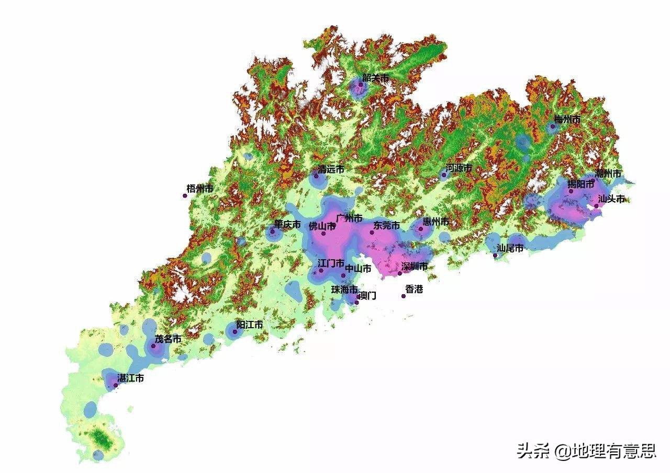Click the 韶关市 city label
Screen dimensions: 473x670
(x=375, y=78)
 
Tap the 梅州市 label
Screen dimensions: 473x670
(x=567, y=120)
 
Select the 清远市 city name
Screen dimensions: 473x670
(x=331, y=169)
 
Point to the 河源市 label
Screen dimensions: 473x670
(x=459, y=168)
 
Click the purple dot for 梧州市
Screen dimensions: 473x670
(x=185, y=196)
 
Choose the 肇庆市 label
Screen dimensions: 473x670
(x=287, y=225)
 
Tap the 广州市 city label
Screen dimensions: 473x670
(x=349, y=218)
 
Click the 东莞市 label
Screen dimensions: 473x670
(x=386, y=226)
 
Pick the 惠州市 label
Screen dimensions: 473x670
(x=435, y=222)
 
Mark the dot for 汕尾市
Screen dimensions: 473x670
(x=495, y=256)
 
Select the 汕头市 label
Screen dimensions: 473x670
(x=611, y=199)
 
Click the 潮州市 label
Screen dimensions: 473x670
(x=608, y=174)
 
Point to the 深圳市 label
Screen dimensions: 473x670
(x=414, y=267)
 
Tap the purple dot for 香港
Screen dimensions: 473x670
(x=404, y=296)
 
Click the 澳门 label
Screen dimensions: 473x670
(x=367, y=296)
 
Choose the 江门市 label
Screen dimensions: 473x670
(x=331, y=263)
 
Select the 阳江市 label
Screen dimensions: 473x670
(x=249, y=325)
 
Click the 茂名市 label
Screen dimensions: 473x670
(x=168, y=339)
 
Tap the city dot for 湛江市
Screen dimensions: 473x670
(x=116, y=385)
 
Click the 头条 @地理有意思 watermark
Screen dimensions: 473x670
(x=586, y=451)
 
